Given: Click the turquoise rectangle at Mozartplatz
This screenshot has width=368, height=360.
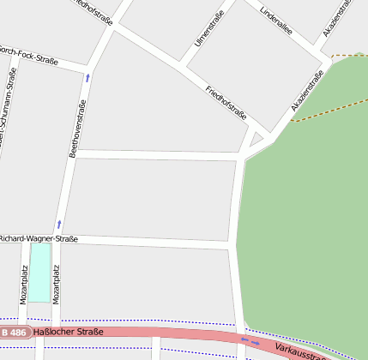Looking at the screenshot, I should click(39, 272).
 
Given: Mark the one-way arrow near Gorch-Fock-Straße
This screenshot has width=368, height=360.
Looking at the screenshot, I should click(87, 78).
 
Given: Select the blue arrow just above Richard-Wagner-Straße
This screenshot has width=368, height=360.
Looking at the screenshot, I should click(59, 225).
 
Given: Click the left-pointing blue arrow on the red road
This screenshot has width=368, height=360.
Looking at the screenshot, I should click(244, 339).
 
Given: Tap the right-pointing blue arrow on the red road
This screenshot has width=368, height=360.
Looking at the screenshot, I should click(256, 343).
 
